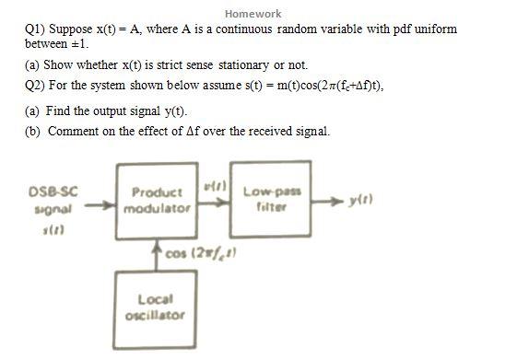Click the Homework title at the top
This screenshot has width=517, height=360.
[253, 14]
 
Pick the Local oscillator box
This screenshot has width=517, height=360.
[154, 307]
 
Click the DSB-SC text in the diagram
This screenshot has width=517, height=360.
[53, 192]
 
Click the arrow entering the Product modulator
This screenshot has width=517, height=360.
[100, 206]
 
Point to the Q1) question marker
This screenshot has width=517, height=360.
[34, 29]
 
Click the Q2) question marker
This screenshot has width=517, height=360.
[34, 86]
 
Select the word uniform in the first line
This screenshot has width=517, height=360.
[437, 29]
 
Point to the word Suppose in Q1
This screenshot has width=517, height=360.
[71, 29]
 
